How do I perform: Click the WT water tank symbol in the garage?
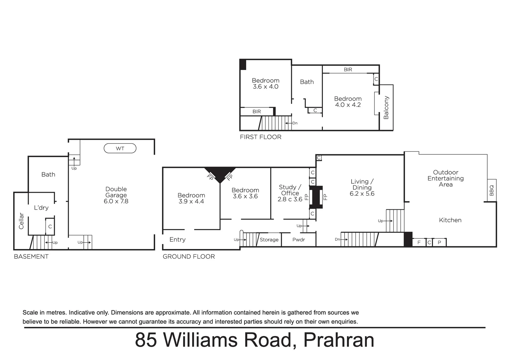120,148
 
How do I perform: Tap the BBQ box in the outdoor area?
492,190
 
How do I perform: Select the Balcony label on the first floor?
386,107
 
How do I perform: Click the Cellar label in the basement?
21,221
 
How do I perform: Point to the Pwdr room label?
299,240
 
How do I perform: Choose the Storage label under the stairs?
269,240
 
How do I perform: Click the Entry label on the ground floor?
177,240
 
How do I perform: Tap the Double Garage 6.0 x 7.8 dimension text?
116,201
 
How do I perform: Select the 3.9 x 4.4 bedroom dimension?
191,201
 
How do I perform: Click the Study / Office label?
290,190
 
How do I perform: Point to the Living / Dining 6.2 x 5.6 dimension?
362,194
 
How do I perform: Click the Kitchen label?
450,220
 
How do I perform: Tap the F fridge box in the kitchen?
419,243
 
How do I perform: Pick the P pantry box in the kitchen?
439,243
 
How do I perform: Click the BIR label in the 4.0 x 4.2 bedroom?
348,70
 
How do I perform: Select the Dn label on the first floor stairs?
295,123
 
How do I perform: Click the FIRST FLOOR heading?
261,137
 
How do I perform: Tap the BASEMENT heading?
31,257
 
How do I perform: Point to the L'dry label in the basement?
41,208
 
